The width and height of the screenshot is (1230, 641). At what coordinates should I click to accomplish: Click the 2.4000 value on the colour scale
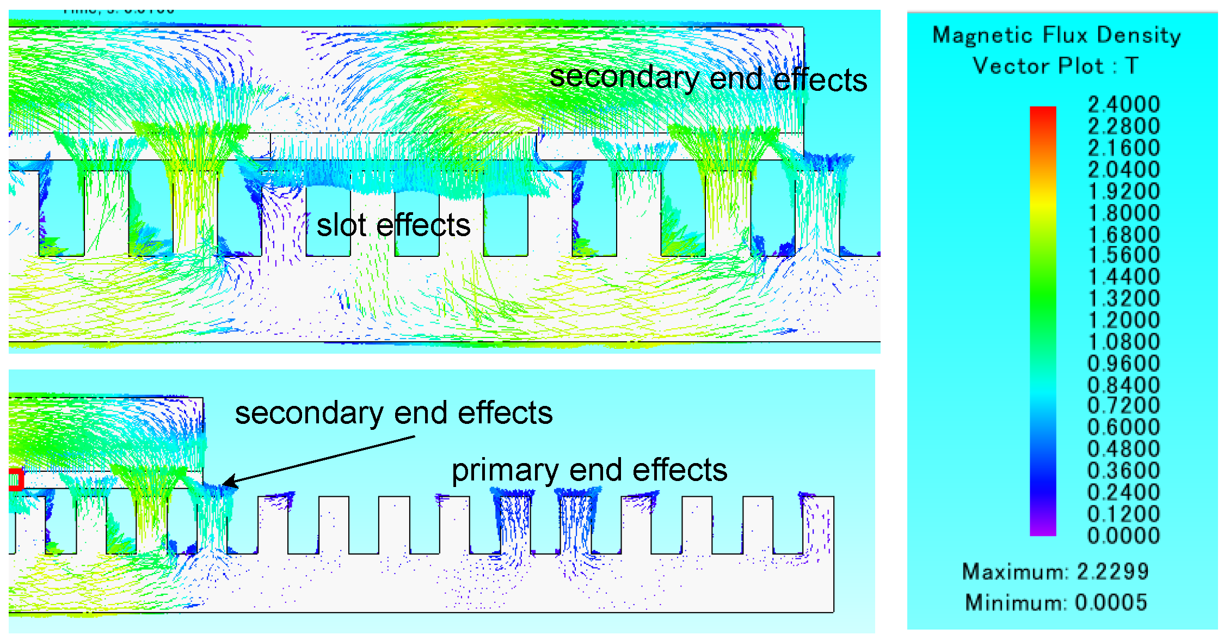pos(1123,104)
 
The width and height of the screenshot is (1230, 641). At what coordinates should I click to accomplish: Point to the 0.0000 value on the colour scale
pos(1123,535)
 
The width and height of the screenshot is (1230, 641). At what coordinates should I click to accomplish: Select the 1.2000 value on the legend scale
pos(1123,320)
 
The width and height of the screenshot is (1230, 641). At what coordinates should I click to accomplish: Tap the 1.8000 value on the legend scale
pos(1123,213)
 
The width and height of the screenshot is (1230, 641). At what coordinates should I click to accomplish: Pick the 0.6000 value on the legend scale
pos(1123,427)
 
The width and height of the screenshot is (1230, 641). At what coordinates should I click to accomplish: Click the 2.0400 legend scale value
pos(1123,169)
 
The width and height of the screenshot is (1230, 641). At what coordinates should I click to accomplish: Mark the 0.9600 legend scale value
pos(1123,363)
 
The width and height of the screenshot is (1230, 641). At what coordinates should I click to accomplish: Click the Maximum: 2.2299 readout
pos(1055,571)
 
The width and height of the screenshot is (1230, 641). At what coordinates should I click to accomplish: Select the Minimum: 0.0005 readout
pos(1055,602)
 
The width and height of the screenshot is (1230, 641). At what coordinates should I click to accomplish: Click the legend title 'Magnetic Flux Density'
pos(1056,35)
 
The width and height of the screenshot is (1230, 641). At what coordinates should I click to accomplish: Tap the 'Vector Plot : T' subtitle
pos(1055,66)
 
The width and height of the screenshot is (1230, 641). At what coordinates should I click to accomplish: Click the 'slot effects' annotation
pos(393,225)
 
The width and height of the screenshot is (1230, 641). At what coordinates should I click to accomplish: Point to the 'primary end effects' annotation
pos(589,470)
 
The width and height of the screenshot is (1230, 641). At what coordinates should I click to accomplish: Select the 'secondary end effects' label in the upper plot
pos(708,79)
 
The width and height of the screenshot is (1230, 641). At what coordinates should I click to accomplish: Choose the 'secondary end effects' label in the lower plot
pos(393,413)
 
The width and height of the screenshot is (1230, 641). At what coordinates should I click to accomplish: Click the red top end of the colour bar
pos(1043,111)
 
